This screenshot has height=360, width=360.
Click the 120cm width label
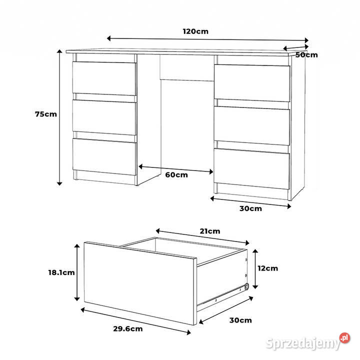tap(195, 31)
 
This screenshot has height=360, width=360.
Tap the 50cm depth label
tap(306, 55)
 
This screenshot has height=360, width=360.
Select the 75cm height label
tap(46, 114)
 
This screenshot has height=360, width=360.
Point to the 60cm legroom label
tap(176, 175)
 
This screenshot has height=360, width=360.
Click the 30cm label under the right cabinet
tap(250, 208)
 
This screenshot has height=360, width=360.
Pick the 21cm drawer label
tap(210, 231)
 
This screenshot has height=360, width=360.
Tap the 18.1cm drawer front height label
tap(61, 272)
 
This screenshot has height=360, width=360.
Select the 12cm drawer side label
tap(267, 268)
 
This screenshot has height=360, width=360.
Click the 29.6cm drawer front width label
tap(128, 329)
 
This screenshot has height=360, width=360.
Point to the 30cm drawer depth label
tap(240, 320)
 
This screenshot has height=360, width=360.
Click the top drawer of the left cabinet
tap(104, 78)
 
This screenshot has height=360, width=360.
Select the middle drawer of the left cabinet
tap(104, 117)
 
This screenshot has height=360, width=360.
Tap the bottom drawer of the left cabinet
tap(104, 157)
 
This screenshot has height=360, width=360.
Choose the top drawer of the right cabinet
tap(252, 83)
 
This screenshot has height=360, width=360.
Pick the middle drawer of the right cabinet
tap(252, 126)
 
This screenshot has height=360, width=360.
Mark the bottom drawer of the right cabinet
tap(251, 169)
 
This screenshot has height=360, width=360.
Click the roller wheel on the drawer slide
tap(246, 286)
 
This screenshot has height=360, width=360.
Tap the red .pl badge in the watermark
tap(344, 338)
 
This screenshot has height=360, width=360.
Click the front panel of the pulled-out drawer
tap(140, 283)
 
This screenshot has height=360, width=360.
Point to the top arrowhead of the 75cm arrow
tap(59, 51)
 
